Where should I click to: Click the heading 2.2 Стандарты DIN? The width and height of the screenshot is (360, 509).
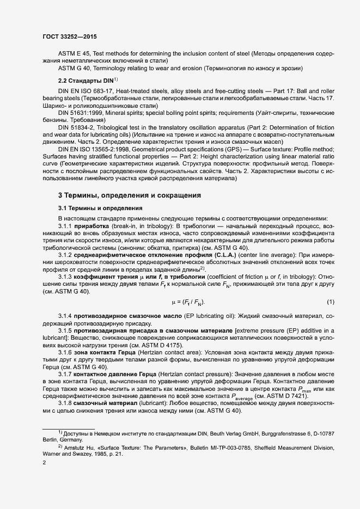click(x=86, y=81)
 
